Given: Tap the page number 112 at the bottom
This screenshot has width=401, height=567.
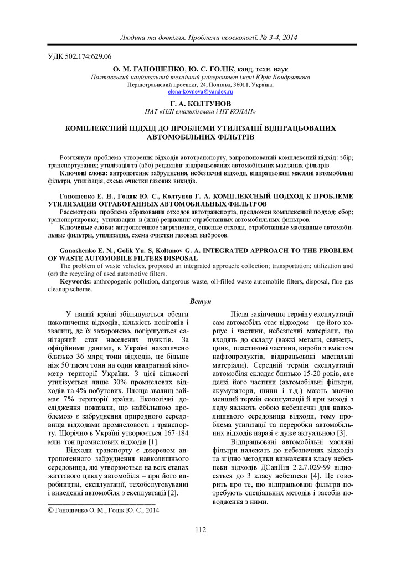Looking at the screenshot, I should point(200,530).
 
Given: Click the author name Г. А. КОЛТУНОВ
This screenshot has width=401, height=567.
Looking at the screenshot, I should point(200,104).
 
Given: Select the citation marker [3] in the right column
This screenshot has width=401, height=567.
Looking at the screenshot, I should point(342,432).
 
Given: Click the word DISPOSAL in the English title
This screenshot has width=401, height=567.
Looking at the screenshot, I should point(181,259).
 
